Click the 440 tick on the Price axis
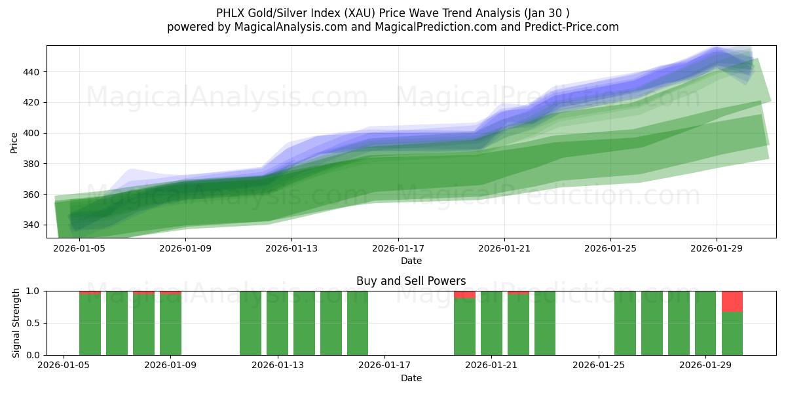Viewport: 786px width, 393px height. (x=34, y=72)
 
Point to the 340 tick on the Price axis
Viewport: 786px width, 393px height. (x=34, y=225)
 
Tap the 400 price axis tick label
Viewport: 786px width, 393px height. (x=34, y=133)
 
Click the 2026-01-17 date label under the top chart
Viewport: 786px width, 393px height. (x=398, y=249)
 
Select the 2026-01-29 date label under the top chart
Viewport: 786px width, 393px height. (x=716, y=249)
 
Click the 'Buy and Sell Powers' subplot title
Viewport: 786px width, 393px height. (x=411, y=281)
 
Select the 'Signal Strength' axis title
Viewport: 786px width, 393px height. (x=17, y=323)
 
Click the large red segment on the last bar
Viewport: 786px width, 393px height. (x=732, y=301)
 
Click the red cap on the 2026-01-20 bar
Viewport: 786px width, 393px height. (x=464, y=295)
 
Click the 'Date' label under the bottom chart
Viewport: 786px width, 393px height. (x=411, y=378)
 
